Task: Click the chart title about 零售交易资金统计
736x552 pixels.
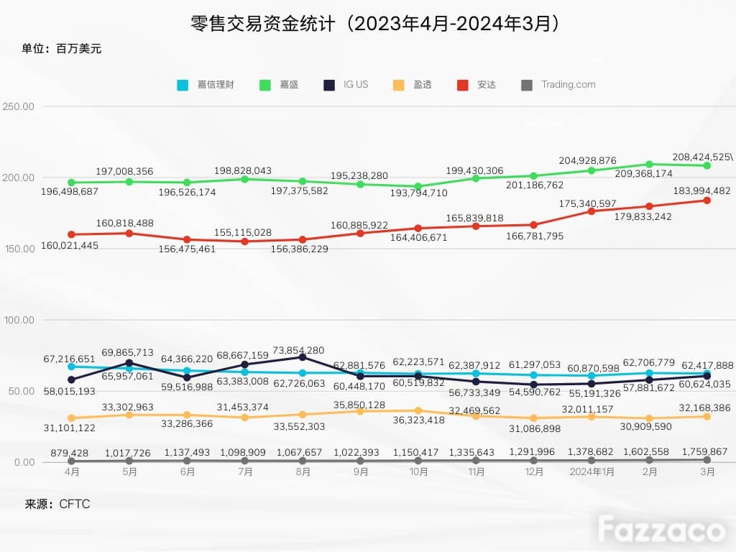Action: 374,24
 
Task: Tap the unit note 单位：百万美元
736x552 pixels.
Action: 62,49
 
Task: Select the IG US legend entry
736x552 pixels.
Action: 346,85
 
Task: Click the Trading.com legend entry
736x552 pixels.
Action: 558,85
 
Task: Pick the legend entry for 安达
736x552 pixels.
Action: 477,85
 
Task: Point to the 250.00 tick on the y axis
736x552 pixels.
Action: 18,106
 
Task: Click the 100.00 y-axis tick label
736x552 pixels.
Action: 19,320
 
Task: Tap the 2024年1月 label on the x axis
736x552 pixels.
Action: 592,471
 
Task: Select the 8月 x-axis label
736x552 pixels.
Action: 303,471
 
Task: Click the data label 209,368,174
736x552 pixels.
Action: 643,174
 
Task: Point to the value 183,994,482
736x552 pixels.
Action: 701,191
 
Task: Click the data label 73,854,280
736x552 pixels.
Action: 298,351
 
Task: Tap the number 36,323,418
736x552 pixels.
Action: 419,420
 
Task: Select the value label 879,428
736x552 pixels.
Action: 70,453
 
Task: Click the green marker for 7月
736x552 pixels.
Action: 244,179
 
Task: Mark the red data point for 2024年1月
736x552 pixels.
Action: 592,211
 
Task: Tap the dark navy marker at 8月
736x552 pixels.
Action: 303,357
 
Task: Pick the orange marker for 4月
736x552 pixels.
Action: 71,418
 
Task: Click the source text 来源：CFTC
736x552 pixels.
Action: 57,504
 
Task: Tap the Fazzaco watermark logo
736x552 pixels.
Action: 661,530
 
